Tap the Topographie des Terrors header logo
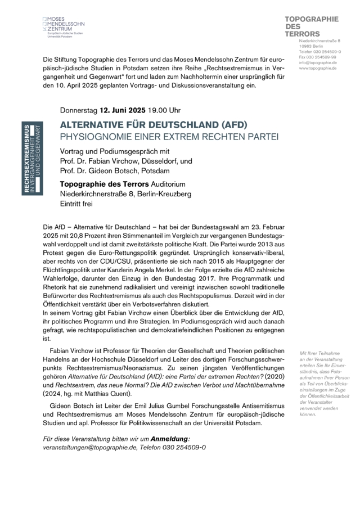312,26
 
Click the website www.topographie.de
318,68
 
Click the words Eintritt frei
78,204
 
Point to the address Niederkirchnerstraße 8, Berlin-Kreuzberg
125,194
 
